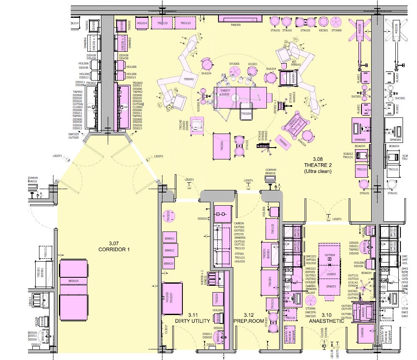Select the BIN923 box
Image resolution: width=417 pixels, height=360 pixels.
(168, 264)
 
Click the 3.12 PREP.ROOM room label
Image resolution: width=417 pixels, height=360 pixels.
(249, 321)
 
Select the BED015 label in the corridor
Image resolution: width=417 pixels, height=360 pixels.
(74, 281)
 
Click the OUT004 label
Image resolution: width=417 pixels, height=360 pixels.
(330, 255)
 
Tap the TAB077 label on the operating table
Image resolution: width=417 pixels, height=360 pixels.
(225, 91)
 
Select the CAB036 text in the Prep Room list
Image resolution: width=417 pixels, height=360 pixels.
(239, 223)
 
